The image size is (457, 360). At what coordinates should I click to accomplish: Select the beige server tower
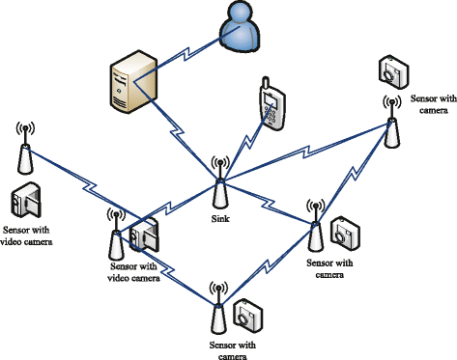tap(129, 84)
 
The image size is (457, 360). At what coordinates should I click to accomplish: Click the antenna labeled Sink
tap(219, 182)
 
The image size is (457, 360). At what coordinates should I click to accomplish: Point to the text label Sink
tap(219, 219)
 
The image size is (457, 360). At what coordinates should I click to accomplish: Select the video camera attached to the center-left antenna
tap(146, 235)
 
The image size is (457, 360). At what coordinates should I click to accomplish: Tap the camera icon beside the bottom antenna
tap(247, 313)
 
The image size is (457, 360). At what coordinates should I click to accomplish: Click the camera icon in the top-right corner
tap(392, 70)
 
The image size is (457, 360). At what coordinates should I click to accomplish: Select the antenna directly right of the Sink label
tap(314, 226)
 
